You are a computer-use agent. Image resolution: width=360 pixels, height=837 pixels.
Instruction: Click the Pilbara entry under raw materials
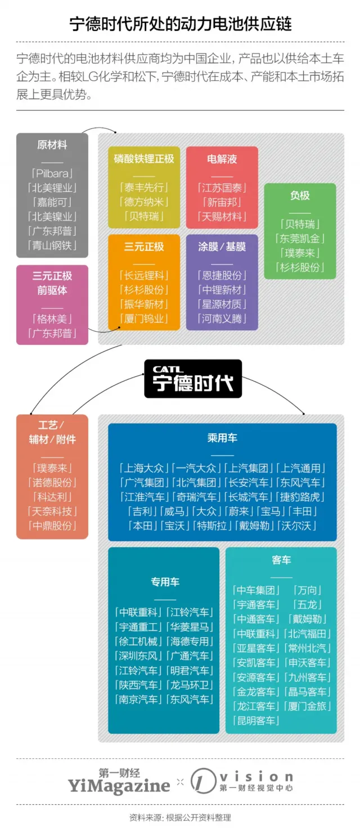click(52, 173)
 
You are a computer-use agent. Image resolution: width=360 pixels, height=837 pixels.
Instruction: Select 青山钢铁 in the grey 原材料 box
click(52, 245)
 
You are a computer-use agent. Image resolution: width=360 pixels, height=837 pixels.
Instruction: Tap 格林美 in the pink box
click(52, 319)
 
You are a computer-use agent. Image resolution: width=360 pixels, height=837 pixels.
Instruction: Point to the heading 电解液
click(222, 159)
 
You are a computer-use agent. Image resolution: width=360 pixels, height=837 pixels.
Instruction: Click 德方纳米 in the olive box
click(144, 202)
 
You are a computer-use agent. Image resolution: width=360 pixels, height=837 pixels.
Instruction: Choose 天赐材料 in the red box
click(222, 217)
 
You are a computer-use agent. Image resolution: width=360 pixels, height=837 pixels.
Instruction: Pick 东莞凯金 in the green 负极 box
click(300, 238)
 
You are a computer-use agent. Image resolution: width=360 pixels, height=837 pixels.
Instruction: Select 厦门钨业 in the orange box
click(144, 319)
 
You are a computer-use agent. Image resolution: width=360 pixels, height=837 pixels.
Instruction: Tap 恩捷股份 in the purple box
click(222, 275)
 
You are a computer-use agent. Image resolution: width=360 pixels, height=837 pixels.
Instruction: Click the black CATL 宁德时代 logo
click(193, 379)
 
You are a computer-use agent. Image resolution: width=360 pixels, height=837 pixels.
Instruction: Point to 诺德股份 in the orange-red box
click(52, 483)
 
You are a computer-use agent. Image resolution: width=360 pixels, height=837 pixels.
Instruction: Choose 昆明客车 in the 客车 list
click(256, 721)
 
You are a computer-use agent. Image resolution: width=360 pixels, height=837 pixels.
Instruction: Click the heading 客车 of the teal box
click(281, 560)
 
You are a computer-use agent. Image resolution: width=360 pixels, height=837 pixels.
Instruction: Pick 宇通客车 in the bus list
click(256, 605)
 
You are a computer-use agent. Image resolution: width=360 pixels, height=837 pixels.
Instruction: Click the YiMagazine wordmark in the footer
click(119, 785)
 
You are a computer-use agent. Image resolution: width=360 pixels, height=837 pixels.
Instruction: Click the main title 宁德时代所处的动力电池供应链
click(180, 24)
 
